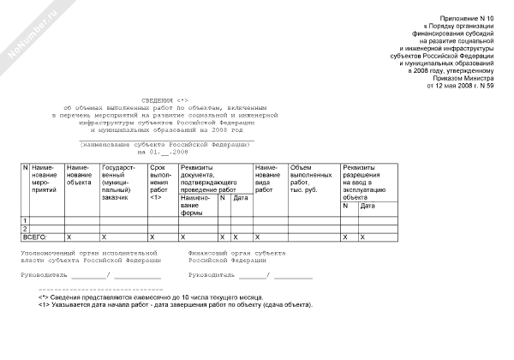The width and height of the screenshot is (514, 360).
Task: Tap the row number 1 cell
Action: pyautogui.click(x=25, y=221)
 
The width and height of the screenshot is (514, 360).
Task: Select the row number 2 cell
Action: pyautogui.click(x=25, y=229)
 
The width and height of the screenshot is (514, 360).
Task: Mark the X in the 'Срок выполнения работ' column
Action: pyautogui.click(x=152, y=236)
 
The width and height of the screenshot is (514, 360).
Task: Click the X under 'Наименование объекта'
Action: pyautogui.click(x=69, y=236)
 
